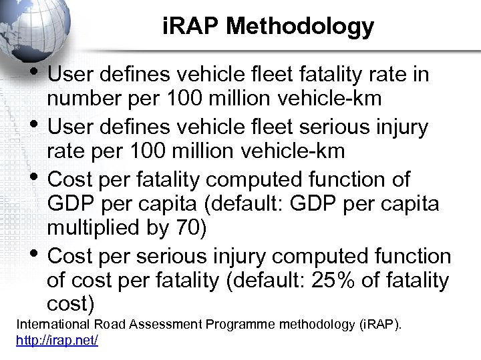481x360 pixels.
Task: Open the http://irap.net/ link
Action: point(57,340)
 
